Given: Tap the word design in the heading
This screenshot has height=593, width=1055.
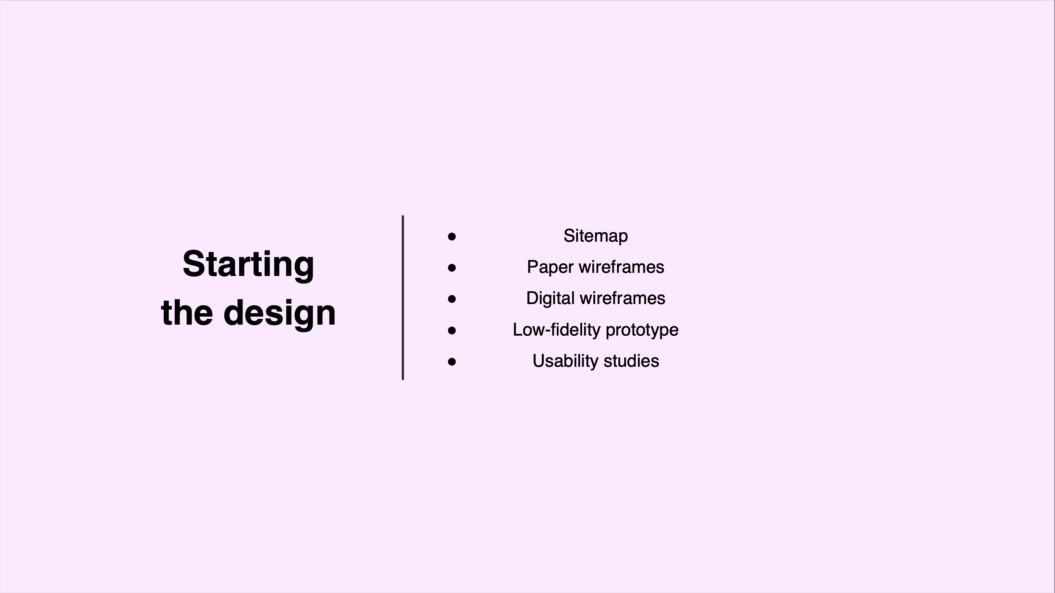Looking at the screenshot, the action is (280, 314).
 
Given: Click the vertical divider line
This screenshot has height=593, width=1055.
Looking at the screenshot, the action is (403, 298).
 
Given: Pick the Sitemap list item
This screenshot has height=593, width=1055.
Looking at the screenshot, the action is (595, 236).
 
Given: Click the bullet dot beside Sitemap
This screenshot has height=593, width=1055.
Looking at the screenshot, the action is (452, 237).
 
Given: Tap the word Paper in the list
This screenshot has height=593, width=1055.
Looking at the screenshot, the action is (550, 268).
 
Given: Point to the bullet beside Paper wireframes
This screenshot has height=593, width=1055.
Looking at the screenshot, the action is (452, 268).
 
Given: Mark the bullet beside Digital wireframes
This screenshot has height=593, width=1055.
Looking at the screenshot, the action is (452, 299).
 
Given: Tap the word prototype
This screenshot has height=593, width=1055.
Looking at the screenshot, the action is (642, 330).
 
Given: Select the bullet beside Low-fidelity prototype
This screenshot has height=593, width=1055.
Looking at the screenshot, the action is (452, 330).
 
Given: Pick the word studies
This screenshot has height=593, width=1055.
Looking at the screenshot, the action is (631, 361).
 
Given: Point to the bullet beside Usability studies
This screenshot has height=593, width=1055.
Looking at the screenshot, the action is (452, 362).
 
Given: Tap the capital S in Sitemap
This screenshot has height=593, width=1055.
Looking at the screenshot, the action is (570, 236).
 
